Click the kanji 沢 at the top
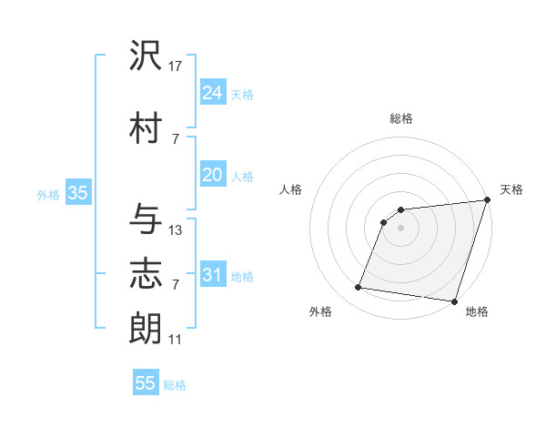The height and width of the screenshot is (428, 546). click(147, 56)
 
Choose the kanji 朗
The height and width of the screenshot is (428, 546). click(147, 328)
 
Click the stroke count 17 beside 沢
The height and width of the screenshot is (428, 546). click(176, 66)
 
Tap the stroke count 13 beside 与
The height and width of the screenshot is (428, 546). click(176, 230)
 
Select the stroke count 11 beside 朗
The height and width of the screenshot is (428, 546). click(176, 340)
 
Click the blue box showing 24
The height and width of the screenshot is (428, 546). click(213, 93)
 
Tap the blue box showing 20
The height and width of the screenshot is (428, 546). click(213, 175)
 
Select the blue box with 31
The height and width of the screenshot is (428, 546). click(213, 275)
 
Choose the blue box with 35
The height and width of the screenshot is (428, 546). click(77, 193)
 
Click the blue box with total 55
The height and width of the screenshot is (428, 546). click(146, 383)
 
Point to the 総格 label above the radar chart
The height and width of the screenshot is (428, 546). click(400, 118)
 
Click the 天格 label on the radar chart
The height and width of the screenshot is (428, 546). click(512, 189)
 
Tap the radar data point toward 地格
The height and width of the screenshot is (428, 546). click(453, 301)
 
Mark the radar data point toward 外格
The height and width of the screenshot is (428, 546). click(358, 288)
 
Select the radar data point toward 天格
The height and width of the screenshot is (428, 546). click(487, 200)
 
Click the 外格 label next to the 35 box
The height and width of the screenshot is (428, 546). click(48, 194)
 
